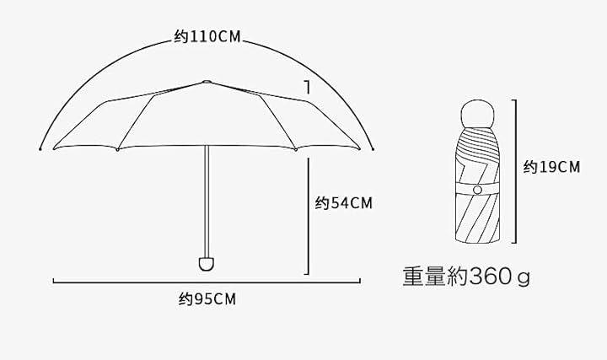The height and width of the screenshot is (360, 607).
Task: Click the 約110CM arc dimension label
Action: click(x=207, y=37)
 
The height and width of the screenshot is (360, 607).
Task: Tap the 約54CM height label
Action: click(x=343, y=202)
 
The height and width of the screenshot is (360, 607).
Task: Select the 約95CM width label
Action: click(x=207, y=298)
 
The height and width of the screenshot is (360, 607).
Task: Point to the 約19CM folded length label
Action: click(x=551, y=167)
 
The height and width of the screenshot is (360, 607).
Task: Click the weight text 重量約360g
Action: click(x=466, y=276)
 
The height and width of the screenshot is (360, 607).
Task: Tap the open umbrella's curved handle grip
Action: click(x=205, y=263)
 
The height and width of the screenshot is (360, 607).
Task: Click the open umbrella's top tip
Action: click(x=207, y=82)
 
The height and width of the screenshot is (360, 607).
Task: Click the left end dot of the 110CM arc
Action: click(x=40, y=150)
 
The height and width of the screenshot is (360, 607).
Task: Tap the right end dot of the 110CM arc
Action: click(x=372, y=150)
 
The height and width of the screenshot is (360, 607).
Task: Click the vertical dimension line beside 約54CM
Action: click(x=308, y=216)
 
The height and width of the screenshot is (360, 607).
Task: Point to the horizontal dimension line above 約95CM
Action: click(x=207, y=282)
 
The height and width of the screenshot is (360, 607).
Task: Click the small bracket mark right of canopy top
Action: click(x=308, y=87)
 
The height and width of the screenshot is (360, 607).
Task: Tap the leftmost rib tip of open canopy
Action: click(x=52, y=148)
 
